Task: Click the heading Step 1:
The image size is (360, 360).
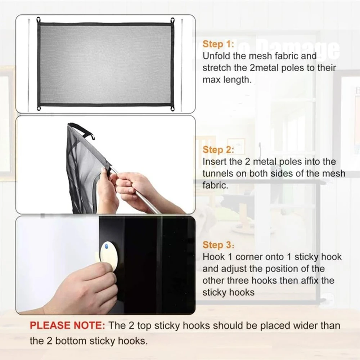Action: coord(218,44)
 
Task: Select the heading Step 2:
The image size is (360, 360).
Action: coord(218,150)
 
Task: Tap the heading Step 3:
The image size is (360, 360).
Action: coord(218,245)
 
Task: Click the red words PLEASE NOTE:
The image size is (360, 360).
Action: coord(67,325)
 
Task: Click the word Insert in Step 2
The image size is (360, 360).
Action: coord(215,162)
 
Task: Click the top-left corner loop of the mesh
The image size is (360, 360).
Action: coord(39,20)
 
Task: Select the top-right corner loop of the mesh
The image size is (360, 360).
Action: coord(172,20)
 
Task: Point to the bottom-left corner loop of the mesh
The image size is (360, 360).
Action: coord(39,108)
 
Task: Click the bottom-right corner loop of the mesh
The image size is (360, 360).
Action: coord(172,108)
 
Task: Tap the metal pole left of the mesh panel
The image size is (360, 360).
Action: coord(29,65)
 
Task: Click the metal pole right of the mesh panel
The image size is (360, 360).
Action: coord(181,65)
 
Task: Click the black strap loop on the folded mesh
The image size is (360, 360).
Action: coord(83,130)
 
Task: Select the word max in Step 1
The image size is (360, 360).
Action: coord(210,80)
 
